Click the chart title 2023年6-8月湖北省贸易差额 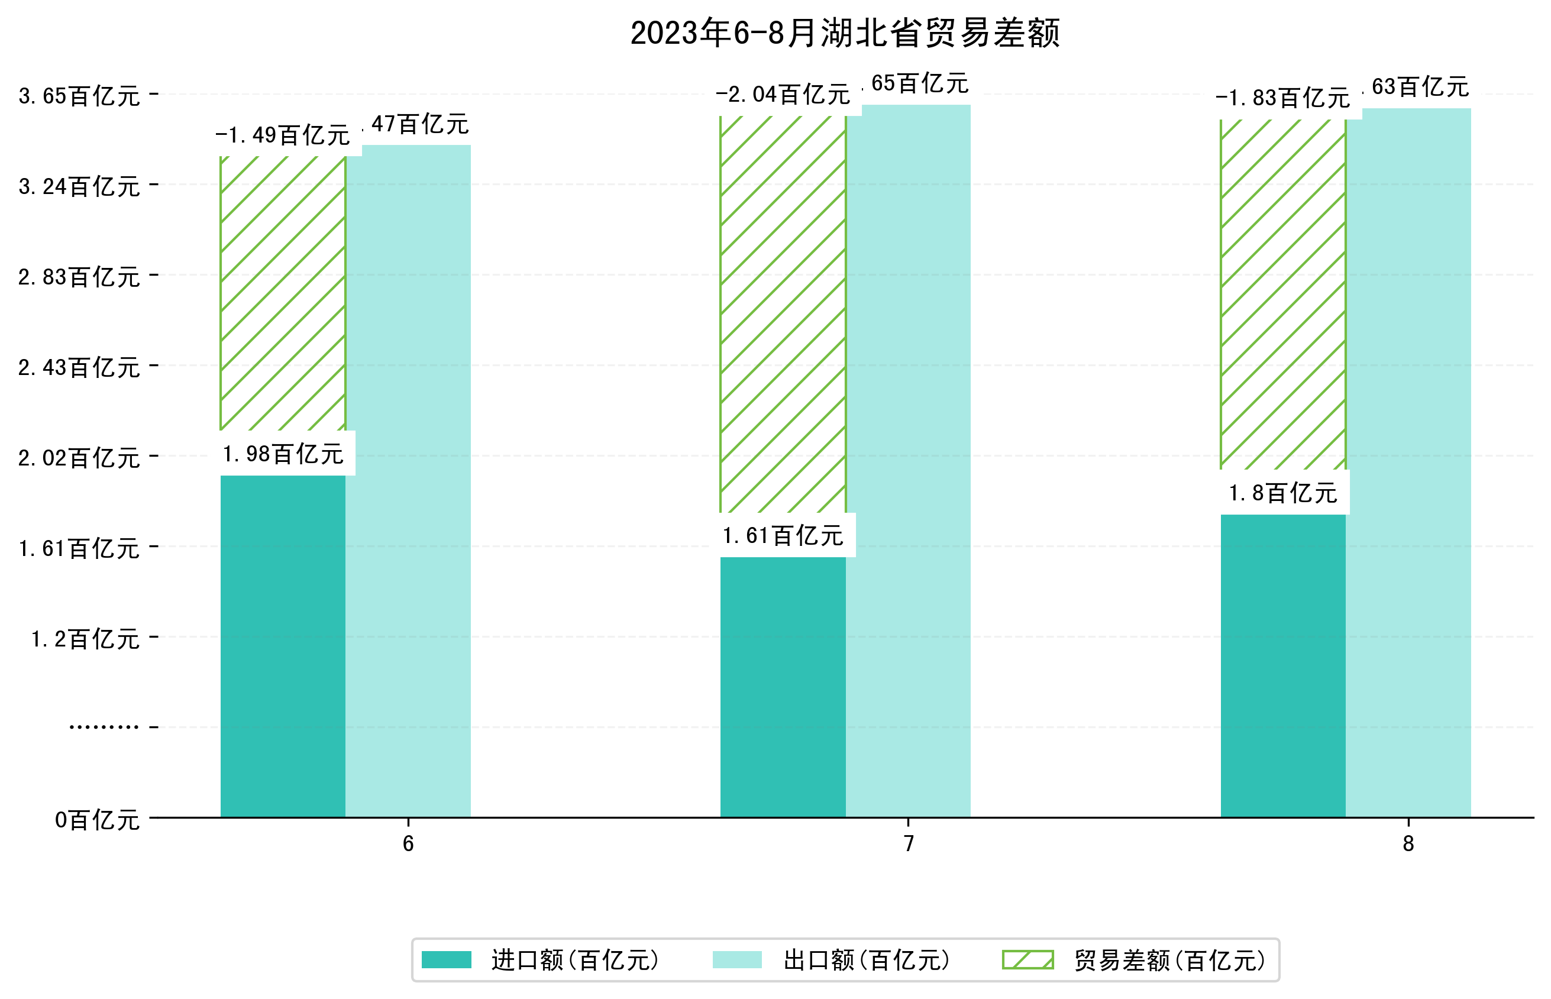(845, 33)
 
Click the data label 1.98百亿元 (283, 454)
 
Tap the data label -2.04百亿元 (783, 95)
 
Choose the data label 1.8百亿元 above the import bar (1282, 493)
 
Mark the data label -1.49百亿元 (283, 135)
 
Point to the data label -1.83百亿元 (1282, 99)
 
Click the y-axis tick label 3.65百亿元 (79, 96)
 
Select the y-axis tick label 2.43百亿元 (79, 368)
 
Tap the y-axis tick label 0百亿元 (97, 820)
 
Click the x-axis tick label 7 (909, 843)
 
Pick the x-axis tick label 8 (1408, 843)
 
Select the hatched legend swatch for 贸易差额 (1027, 960)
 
